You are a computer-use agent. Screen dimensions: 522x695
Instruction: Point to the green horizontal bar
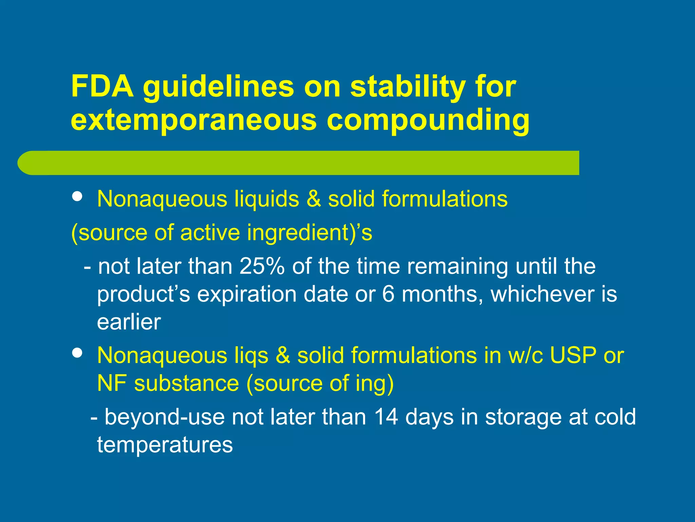click(299, 163)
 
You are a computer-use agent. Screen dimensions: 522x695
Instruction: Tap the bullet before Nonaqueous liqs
click(78, 353)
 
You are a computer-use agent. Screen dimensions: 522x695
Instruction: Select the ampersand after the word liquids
click(314, 199)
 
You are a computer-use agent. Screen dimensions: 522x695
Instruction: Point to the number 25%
click(262, 266)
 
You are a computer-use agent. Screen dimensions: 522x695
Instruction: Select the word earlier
click(129, 322)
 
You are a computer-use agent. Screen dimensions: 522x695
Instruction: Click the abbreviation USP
click(573, 355)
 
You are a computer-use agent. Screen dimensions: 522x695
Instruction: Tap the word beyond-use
click(165, 417)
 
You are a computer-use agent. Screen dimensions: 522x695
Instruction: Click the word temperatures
click(165, 445)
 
